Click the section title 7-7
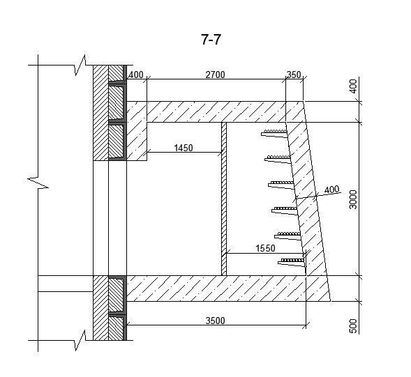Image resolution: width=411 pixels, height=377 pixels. click(211, 40)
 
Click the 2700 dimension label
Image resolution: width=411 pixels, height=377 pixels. click(215, 75)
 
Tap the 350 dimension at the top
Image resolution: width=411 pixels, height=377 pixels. click(294, 75)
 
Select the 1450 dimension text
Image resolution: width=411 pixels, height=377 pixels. click(184, 148)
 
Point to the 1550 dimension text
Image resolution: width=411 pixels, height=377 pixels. click(265, 248)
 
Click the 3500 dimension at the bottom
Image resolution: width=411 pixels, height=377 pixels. click(215, 321)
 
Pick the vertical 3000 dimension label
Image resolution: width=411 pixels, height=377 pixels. click(353, 199)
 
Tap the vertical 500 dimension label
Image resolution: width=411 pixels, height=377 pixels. click(353, 326)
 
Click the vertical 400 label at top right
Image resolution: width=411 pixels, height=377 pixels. click(353, 86)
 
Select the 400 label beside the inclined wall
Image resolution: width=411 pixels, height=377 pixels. click(332, 190)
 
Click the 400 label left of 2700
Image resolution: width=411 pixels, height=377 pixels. click(136, 75)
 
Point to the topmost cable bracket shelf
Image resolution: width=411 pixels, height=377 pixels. click(274, 133)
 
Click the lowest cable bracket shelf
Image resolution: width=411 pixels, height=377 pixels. click(292, 262)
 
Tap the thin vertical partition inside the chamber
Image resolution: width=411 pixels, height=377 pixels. click(224, 199)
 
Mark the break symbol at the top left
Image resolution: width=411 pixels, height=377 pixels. click(80, 65)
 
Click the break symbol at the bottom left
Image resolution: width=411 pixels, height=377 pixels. click(80, 340)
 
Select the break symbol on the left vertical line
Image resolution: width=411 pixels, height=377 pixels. click(38, 183)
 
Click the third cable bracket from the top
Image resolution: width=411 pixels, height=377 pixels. click(281, 185)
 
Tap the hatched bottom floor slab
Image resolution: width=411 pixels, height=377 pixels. click(228, 288)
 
